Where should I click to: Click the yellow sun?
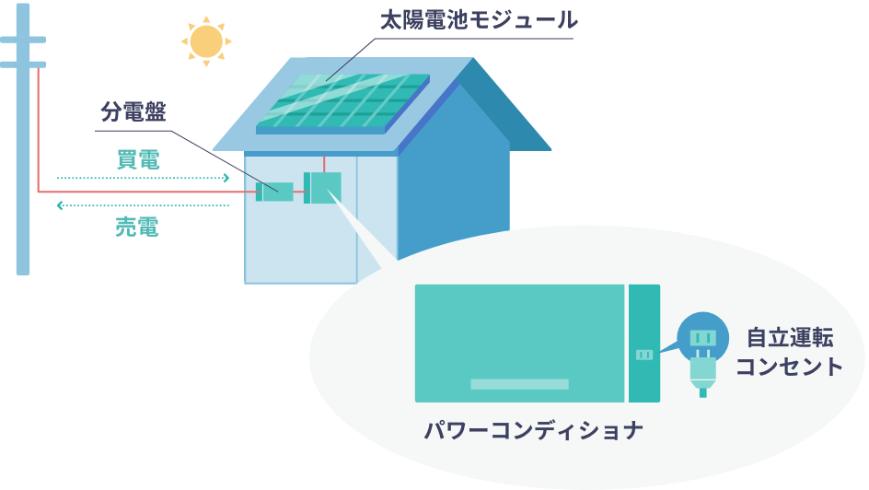pos(206,41)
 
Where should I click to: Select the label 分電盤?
pos(133,112)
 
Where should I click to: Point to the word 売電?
pos(137,227)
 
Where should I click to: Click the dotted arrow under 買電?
pos(143,178)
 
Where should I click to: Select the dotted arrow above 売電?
pos(143,205)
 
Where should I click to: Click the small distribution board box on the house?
pos(275,192)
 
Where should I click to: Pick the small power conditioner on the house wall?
pos(323,188)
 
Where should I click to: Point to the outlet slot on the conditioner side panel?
pos(644,355)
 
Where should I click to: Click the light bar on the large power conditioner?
pos(519,383)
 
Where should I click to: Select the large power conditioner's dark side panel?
pos(644,313)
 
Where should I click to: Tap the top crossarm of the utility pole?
pos(23,40)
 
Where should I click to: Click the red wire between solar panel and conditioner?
pos(324,164)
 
